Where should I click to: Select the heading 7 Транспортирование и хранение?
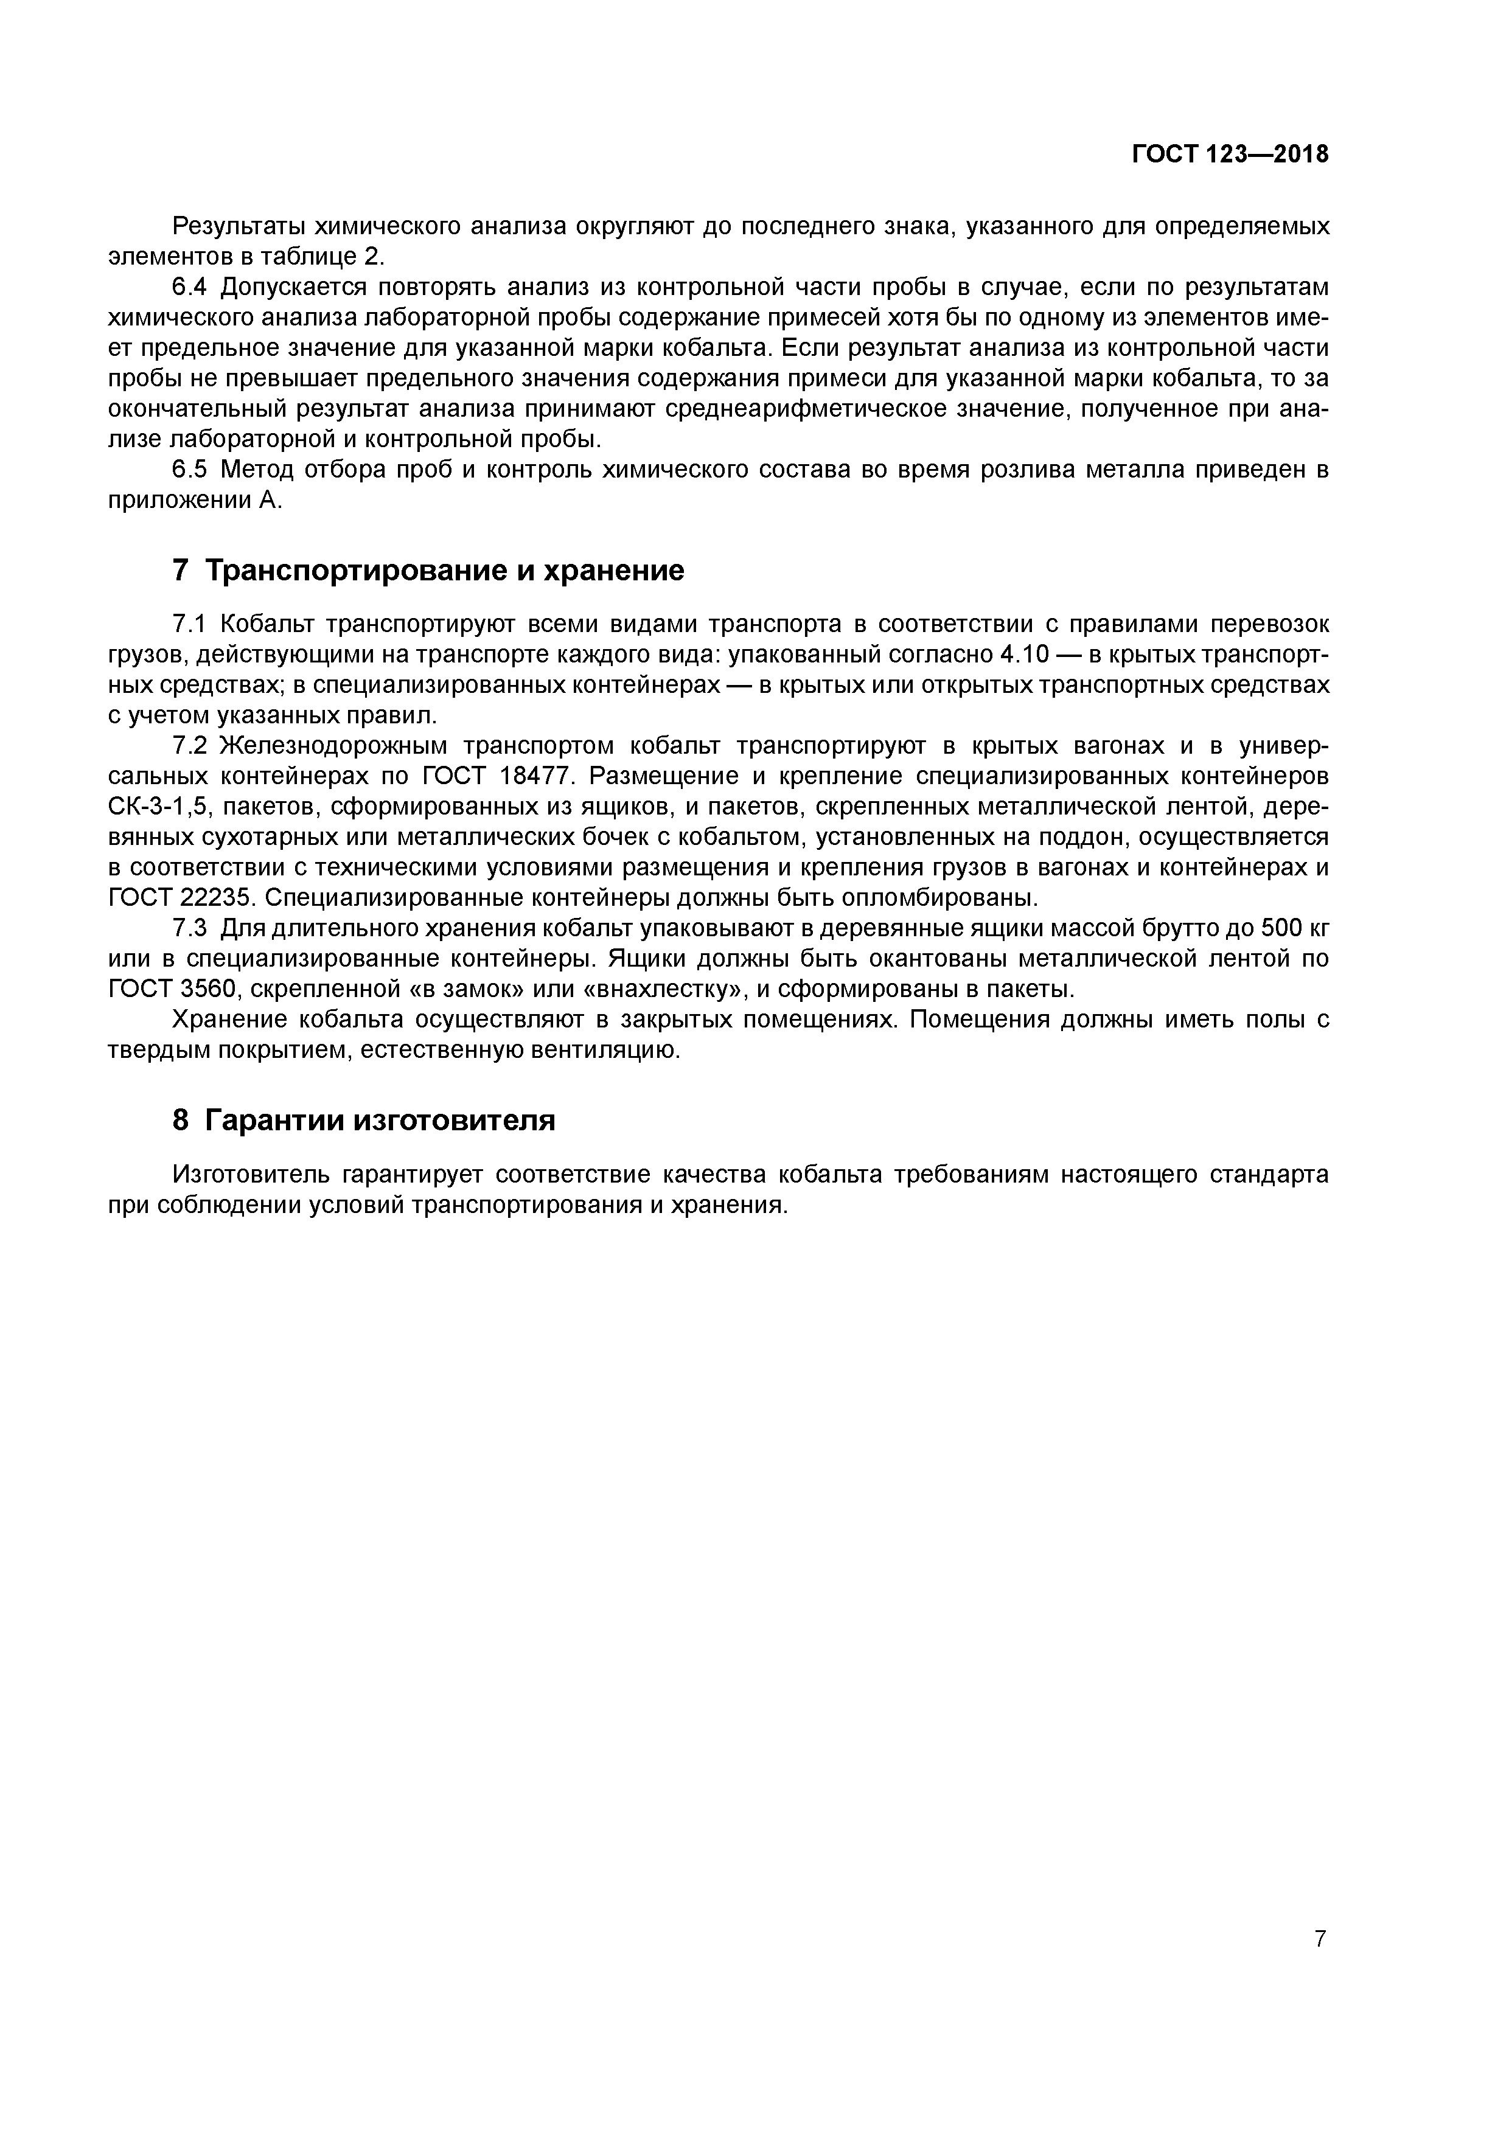(x=428, y=570)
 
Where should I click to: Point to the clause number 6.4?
(x=192, y=287)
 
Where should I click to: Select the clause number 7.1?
(x=192, y=623)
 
